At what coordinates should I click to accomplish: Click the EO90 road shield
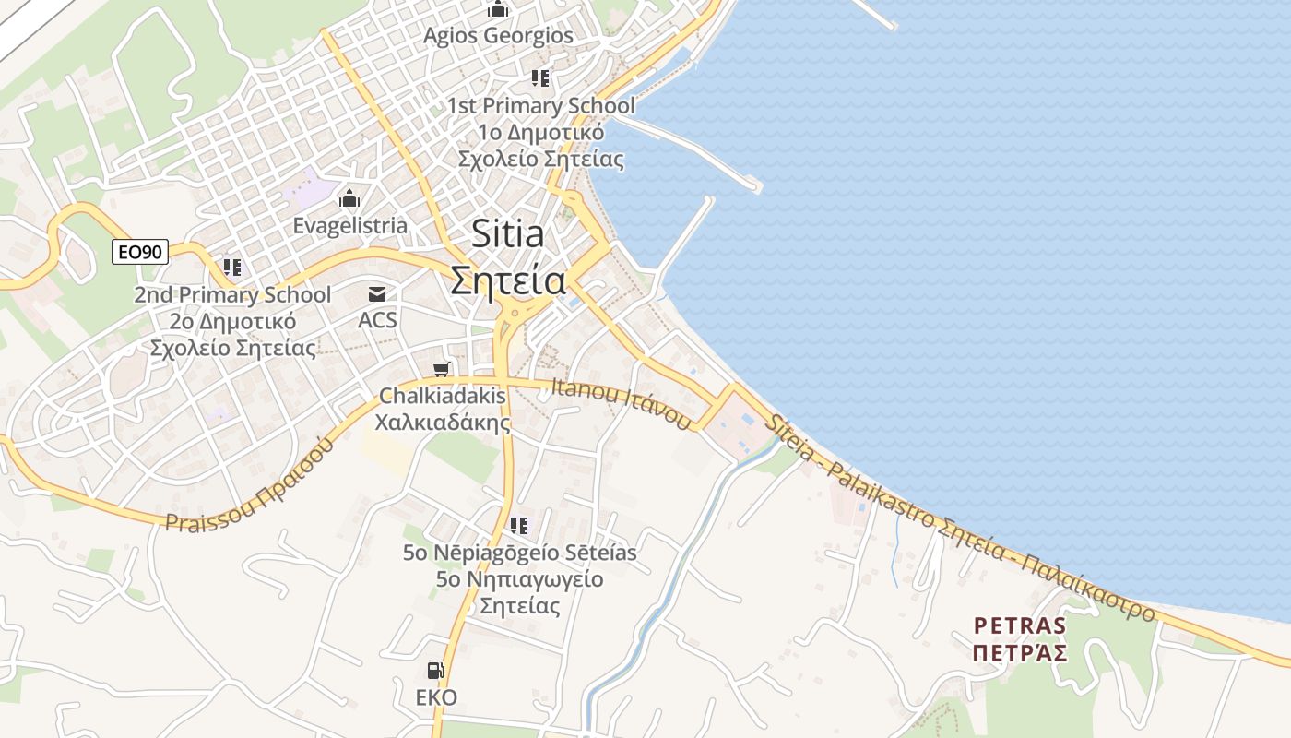coord(140,251)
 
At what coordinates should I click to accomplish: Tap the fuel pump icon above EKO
coord(434,671)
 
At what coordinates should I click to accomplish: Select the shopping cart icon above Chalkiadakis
coord(442,370)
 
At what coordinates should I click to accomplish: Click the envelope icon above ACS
coord(377,295)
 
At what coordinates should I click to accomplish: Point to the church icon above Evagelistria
coord(349,198)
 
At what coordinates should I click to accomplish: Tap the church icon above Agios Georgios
coord(498,9)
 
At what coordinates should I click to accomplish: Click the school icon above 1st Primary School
coord(540,78)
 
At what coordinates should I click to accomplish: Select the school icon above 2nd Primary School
coord(232,268)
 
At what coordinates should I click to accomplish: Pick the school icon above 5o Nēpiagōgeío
coord(519,526)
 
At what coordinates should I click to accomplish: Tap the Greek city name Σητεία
coord(507,280)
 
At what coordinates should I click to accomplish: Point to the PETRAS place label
coord(1020,626)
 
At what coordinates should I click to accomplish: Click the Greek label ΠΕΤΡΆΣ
coord(1020,653)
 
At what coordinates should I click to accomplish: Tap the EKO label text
coord(436,696)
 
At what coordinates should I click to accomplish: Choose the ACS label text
coord(377,320)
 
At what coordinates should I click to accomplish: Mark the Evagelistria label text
coord(349,225)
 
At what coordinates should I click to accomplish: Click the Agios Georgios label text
coord(498,36)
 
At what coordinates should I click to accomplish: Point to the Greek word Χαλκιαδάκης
coord(443,423)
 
